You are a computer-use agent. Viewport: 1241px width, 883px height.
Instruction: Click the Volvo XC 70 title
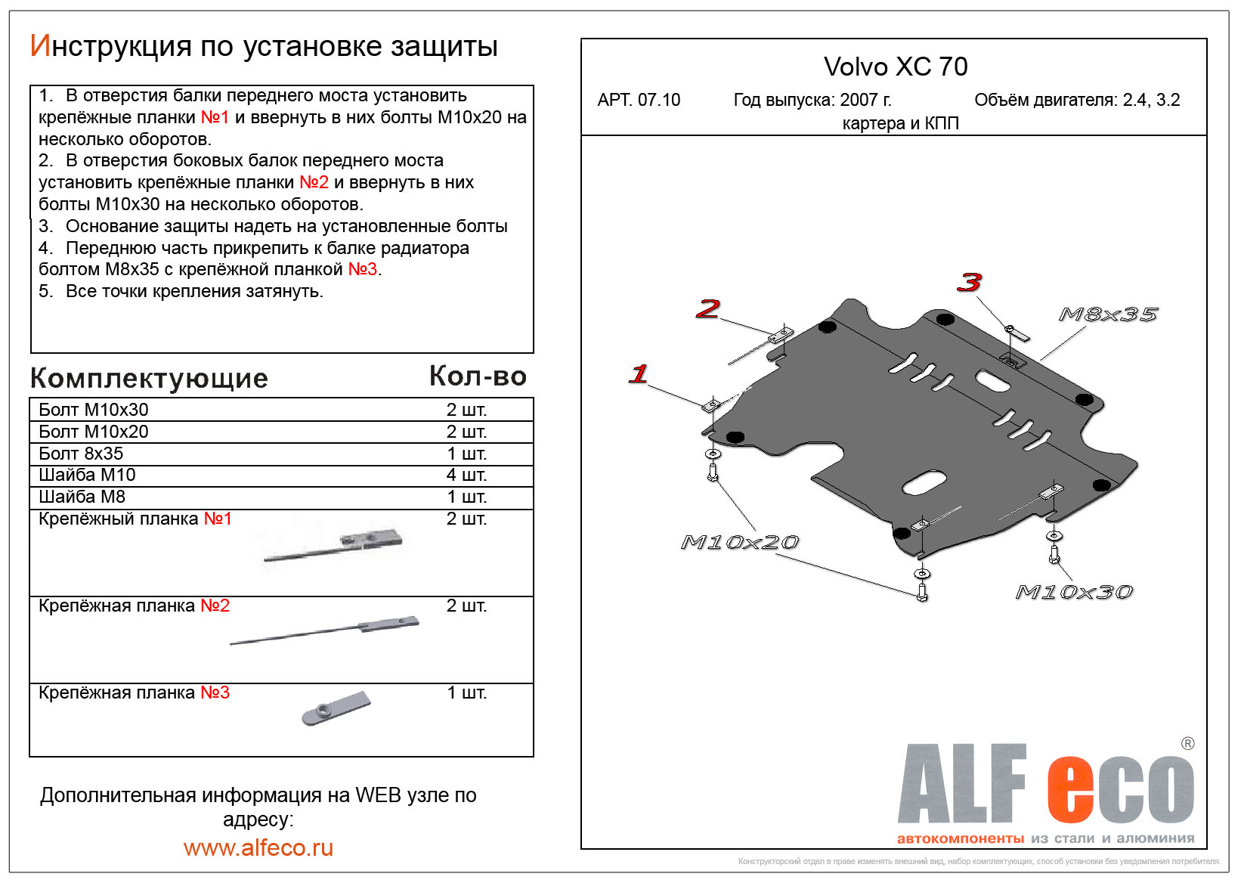tap(895, 67)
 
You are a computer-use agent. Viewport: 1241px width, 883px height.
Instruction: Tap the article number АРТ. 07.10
tap(639, 100)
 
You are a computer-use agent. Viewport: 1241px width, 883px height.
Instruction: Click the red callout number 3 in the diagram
tap(969, 283)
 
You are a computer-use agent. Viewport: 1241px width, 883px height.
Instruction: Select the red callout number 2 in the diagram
tap(707, 308)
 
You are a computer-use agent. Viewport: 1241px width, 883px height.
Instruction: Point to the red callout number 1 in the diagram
tap(639, 373)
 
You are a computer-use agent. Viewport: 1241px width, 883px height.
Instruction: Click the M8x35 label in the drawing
tap(1108, 314)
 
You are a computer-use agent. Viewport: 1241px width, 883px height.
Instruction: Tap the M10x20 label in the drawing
tap(739, 542)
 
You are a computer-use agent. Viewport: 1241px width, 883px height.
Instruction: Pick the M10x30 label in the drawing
tap(1074, 592)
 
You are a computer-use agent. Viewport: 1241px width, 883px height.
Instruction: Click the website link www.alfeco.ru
tap(258, 847)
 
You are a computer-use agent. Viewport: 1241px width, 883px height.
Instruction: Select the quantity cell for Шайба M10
tap(466, 475)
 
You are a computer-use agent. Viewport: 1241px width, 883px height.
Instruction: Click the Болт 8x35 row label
tap(81, 454)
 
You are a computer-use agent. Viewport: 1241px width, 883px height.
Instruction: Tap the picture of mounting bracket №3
tap(337, 708)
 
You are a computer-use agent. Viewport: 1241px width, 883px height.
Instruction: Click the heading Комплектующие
tap(149, 378)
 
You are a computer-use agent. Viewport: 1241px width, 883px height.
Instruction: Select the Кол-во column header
tap(478, 376)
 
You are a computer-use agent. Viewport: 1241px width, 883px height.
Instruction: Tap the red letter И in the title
tap(39, 46)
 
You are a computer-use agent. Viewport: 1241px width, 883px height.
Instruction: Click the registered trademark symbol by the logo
tap(1187, 743)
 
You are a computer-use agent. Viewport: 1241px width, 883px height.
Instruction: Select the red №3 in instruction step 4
tap(362, 269)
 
